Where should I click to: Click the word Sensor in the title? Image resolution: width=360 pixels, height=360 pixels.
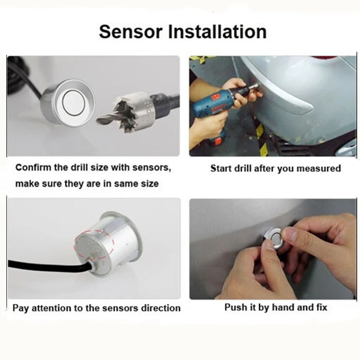coord(130,31)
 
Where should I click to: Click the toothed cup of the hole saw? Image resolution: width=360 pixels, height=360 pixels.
coord(133,111)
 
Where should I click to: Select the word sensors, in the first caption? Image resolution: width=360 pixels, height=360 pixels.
coord(152,168)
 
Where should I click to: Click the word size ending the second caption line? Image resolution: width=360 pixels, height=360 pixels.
coord(150,184)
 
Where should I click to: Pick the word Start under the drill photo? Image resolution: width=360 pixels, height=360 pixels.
coord(221,168)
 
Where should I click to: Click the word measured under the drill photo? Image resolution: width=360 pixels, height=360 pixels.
coord(319,168)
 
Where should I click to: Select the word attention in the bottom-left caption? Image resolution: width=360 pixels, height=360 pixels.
coord(51,308)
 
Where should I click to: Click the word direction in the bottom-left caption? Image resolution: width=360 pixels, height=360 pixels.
coord(161,308)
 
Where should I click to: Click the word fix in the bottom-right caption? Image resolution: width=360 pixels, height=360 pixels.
coord(321,307)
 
